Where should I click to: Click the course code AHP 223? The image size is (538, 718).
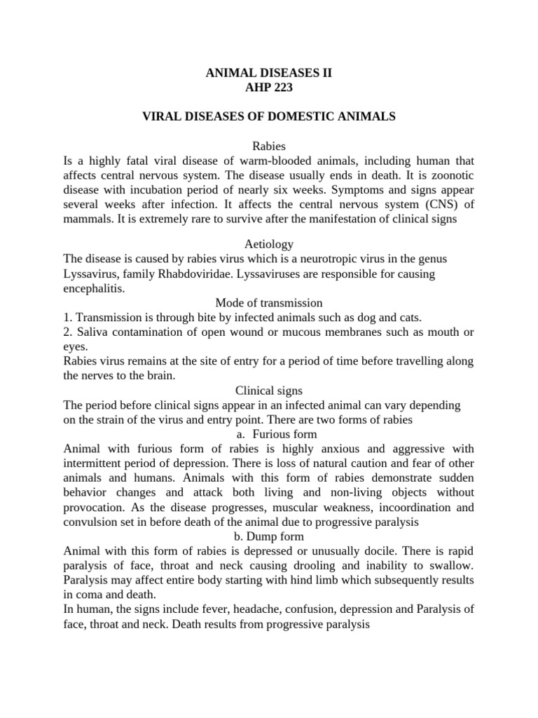268,87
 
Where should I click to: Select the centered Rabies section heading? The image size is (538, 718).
268,146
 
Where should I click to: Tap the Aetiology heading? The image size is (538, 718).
268,244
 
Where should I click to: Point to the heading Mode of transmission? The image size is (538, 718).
268,303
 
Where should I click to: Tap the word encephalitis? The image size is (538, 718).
93,289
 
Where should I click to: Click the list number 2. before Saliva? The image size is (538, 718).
67,332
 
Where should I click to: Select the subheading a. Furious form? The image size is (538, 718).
268,435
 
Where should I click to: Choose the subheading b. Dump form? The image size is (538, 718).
268,537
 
